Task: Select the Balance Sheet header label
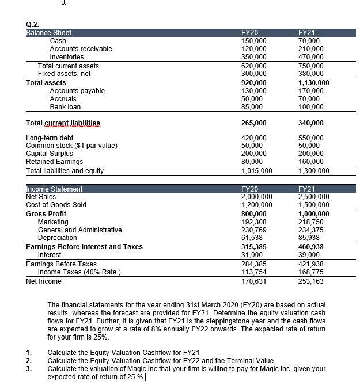point(49,33)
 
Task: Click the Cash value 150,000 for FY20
point(253,41)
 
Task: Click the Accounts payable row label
point(77,91)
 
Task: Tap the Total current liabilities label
point(63,123)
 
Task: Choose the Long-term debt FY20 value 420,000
point(253,138)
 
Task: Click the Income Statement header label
point(54,189)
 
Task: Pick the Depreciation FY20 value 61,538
point(252,238)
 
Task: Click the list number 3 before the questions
point(29,369)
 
